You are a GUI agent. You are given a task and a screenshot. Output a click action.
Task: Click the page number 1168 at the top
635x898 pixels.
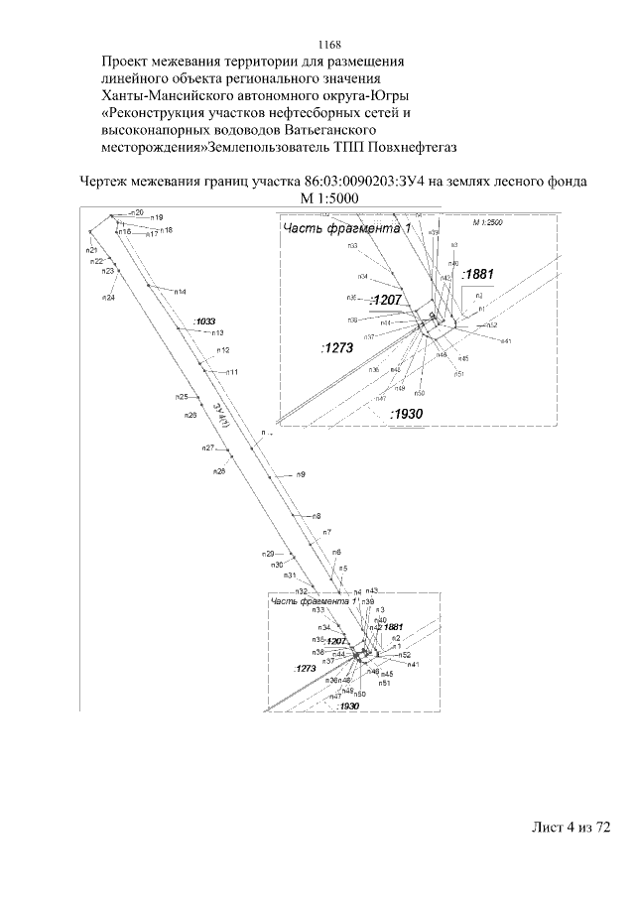pos(329,45)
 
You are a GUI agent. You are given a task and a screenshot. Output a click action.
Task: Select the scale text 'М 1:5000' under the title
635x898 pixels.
pos(327,198)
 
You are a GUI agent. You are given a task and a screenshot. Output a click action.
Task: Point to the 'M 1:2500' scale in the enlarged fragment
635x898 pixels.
pos(488,222)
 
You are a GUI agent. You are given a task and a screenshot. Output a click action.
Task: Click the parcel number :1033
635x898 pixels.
pos(205,321)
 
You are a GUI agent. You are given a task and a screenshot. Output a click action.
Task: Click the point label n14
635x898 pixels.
pos(181,293)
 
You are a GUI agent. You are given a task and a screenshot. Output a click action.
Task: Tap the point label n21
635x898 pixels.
pos(91,251)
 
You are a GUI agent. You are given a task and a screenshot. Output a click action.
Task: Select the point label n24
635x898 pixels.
pos(108,297)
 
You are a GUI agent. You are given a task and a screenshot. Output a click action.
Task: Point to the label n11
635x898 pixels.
pos(231,371)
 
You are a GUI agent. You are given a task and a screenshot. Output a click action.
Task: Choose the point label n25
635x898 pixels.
pos(182,397)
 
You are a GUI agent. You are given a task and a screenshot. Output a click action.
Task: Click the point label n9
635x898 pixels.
pos(300,475)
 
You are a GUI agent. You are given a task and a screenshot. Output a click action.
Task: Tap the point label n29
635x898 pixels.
pos(268,553)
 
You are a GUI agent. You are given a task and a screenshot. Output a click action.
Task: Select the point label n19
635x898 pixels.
pos(157,216)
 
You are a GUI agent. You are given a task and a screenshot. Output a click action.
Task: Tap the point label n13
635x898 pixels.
pos(217,332)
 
